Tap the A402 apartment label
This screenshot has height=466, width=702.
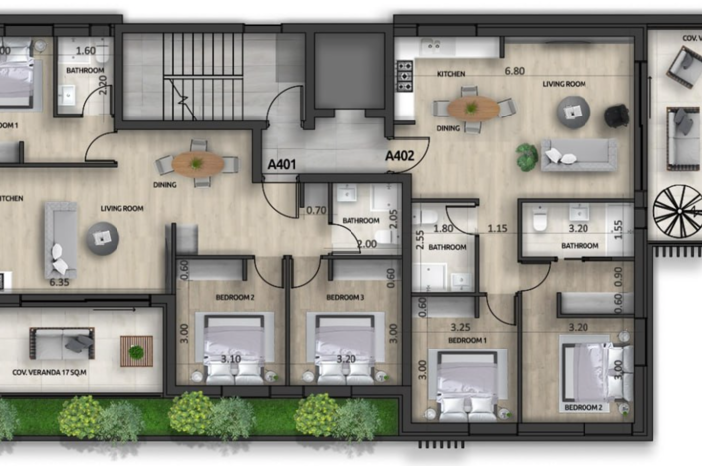pos(401,155)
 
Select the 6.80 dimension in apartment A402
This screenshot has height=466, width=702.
pos(514,71)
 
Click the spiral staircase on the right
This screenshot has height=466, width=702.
pos(677,210)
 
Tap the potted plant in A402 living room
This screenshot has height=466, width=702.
pos(526,156)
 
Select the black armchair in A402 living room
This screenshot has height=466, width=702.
pos(616,116)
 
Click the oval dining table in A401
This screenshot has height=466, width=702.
pos(199,164)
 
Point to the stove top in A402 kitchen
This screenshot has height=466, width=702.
pos(405,73)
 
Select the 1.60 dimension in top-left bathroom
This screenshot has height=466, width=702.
pos(84,50)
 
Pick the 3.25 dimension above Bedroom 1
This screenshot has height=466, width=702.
pos(460,326)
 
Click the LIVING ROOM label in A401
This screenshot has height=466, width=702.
pos(119,208)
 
